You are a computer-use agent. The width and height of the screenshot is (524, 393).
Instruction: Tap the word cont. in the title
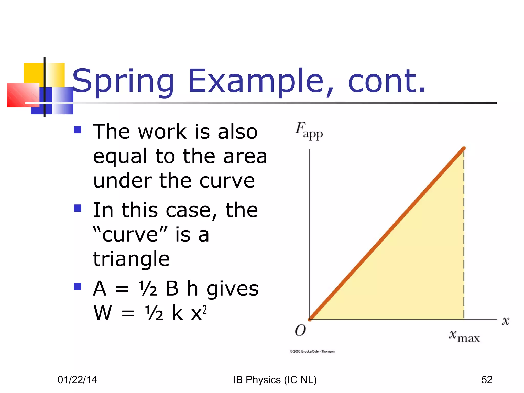tap(386, 81)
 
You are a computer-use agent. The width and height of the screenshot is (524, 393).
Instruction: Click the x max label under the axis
tap(464, 336)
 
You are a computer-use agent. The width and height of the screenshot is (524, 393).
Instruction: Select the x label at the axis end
tap(505, 321)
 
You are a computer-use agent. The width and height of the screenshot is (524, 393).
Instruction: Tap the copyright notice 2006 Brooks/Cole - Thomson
tap(312, 351)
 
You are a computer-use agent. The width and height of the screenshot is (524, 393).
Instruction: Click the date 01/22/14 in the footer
tap(77, 380)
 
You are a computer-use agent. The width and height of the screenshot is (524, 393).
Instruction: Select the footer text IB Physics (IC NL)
tap(275, 380)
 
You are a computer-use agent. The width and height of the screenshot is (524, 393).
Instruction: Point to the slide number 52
tap(487, 380)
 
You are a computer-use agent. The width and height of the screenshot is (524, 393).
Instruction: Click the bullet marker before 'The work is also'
tap(78, 130)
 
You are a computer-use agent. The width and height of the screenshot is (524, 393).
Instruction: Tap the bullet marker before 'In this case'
tap(78, 208)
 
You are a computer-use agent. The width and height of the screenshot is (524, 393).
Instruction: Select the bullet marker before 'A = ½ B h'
tap(78, 287)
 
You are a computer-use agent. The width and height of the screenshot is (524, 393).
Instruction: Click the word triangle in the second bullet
tap(131, 259)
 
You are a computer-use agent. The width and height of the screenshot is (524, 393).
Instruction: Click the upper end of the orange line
tap(463, 148)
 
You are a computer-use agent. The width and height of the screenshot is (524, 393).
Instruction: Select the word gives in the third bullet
tap(232, 289)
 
